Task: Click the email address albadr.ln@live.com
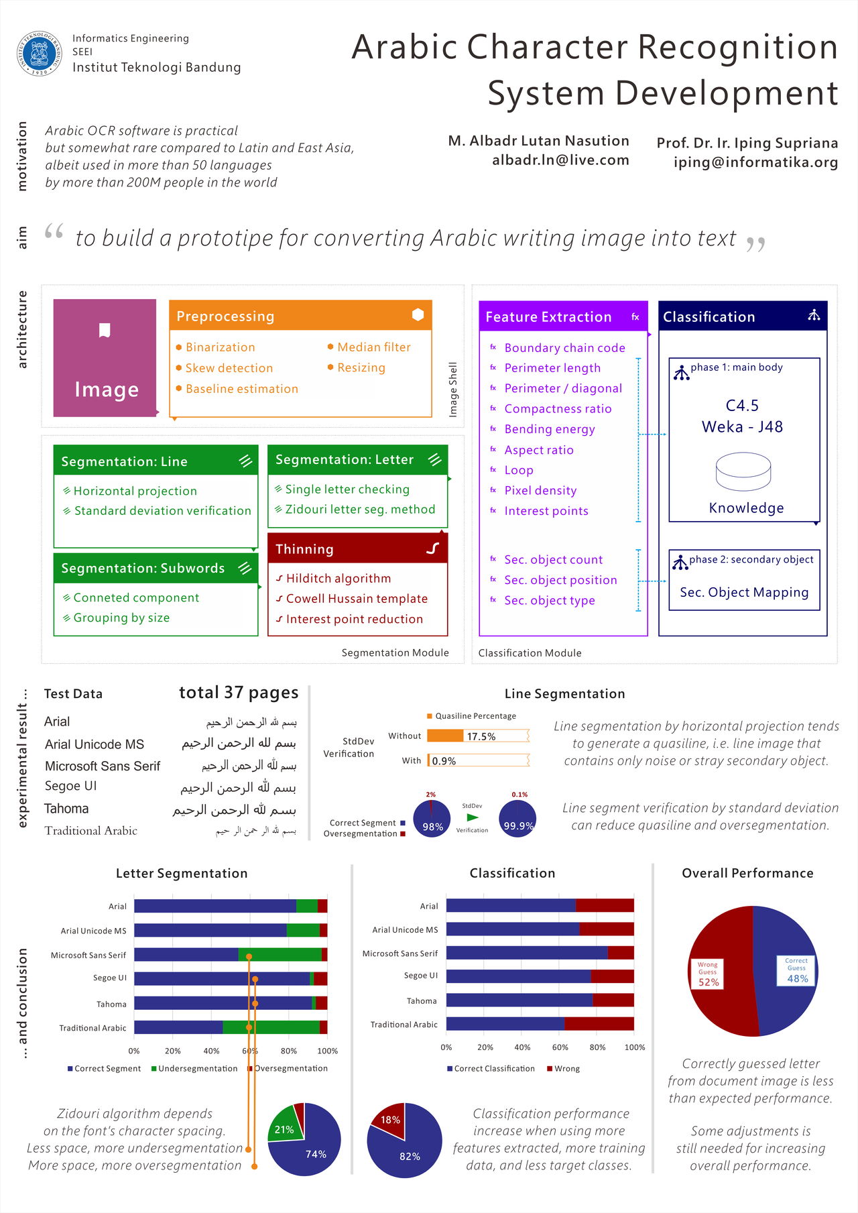tap(560, 160)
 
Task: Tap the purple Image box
tap(105, 358)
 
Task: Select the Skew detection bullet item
tap(229, 368)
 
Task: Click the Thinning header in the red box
tap(304, 549)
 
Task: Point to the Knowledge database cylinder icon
tap(743, 471)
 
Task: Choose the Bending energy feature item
tap(549, 429)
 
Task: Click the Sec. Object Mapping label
tap(744, 593)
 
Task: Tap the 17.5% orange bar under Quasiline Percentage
tap(445, 736)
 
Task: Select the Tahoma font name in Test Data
tap(66, 809)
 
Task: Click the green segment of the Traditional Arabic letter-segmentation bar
tap(271, 1027)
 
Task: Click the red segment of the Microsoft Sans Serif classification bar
tap(621, 953)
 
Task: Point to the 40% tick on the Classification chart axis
tap(522, 1047)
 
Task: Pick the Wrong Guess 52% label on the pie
tap(708, 974)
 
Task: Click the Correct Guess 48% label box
tap(797, 970)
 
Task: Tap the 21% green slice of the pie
tap(284, 1128)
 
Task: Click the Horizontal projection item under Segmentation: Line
tap(135, 492)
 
